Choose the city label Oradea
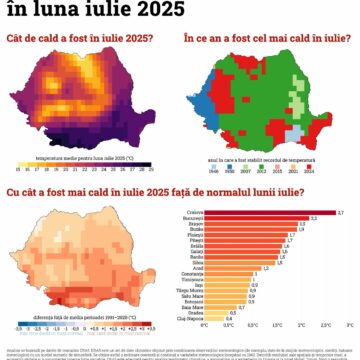point(193,311)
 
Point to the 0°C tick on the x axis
point(204,326)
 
